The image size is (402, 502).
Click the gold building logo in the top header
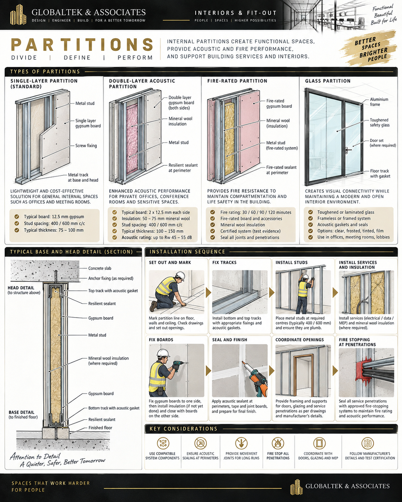[18, 15]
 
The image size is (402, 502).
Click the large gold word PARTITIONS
[82, 44]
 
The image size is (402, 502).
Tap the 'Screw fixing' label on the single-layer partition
[86, 146]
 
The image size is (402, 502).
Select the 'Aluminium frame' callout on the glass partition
[379, 102]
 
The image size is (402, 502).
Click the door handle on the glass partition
[349, 149]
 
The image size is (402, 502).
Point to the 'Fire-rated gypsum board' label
[279, 103]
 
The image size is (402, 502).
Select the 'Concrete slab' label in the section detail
[100, 268]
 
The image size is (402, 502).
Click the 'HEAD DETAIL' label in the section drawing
[21, 288]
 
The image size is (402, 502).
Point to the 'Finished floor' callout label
[100, 428]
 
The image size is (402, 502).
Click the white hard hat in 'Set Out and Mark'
[180, 276]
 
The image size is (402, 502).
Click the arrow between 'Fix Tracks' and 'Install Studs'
[272, 292]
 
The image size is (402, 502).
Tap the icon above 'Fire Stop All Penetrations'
[278, 443]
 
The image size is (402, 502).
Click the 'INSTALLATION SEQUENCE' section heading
[187, 252]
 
